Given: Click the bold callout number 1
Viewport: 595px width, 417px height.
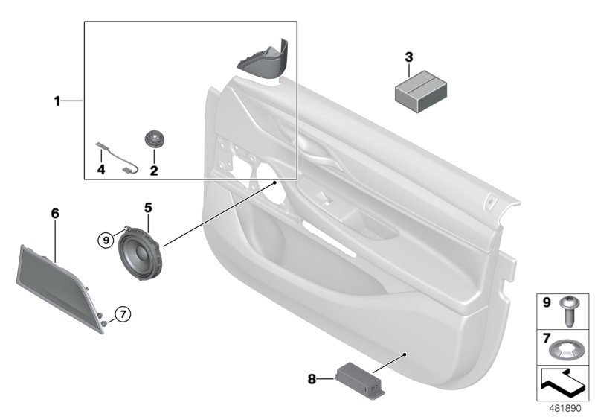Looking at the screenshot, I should [x=57, y=100].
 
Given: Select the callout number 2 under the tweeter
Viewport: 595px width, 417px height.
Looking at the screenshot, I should [x=154, y=171].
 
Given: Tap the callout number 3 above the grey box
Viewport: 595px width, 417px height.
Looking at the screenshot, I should [x=408, y=57].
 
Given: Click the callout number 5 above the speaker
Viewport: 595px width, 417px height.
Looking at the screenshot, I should [x=147, y=206].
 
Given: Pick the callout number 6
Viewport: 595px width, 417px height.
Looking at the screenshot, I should [x=54, y=214].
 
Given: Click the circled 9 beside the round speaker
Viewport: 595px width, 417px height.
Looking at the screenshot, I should [x=106, y=239].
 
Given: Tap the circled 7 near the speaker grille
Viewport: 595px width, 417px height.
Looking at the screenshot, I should [x=123, y=313].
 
